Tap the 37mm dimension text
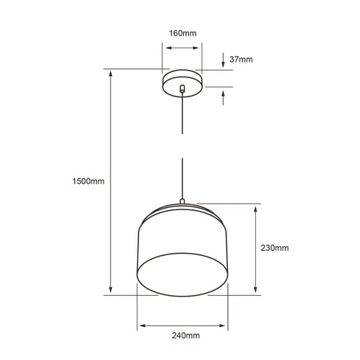pos(240,60)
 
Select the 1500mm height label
pos(88,181)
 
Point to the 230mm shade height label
pos(275,248)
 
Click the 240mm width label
pos(182,336)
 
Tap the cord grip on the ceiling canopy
pos(182,89)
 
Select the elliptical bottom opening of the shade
pos(182,273)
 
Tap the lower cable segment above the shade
pos(182,178)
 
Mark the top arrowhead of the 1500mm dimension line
pos(110,73)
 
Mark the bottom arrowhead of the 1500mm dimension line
pos(110,290)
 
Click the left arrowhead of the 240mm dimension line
pos(141,326)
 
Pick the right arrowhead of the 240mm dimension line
pos(224,326)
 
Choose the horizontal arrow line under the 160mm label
pos(182,48)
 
